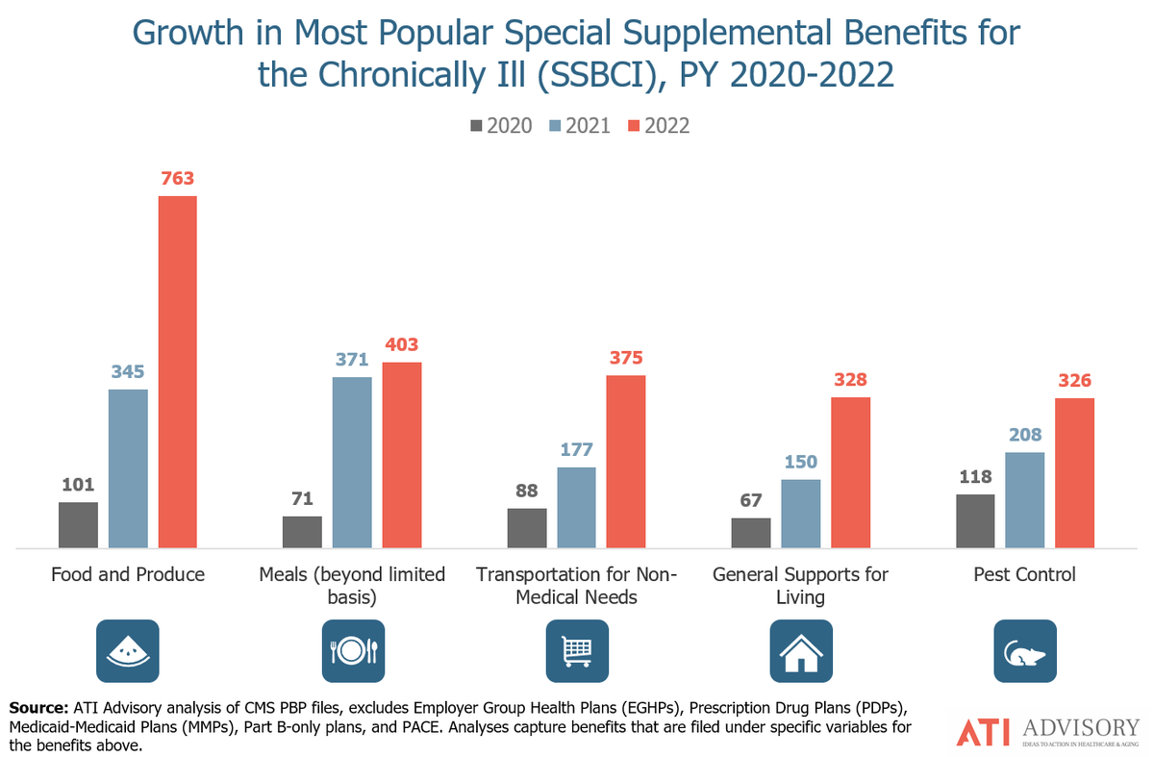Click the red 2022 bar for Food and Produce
point(177,372)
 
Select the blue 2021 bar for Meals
point(352,463)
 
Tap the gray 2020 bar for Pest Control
point(975,521)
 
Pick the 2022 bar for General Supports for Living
point(850,472)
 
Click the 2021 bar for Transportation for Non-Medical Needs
point(577,508)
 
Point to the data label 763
point(177,178)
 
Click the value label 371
point(352,359)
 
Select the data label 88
point(527,491)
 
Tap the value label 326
point(1075,380)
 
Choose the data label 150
point(800,462)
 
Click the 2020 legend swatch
point(476,126)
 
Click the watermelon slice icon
point(128,651)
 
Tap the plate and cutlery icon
point(352,651)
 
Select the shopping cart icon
point(577,651)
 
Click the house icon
point(801,651)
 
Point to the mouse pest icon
point(1025,651)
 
